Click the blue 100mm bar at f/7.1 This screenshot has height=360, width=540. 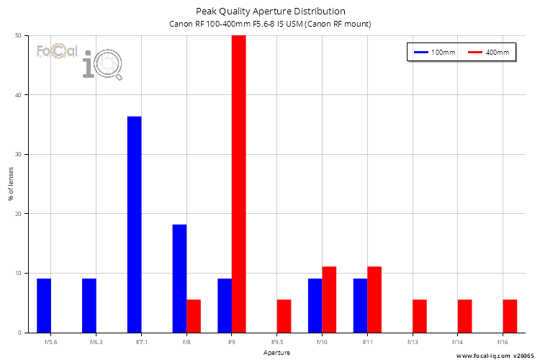(x=135, y=224)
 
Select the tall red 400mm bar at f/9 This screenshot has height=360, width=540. (x=239, y=184)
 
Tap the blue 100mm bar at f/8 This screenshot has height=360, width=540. (x=179, y=279)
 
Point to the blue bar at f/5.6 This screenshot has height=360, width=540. (x=44, y=305)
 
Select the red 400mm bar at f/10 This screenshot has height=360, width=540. (x=329, y=300)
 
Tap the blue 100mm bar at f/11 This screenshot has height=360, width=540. (x=360, y=305)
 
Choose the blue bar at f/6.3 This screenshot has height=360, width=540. (x=89, y=305)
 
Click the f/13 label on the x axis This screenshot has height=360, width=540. (x=413, y=343)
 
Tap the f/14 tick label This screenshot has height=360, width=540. (x=458, y=343)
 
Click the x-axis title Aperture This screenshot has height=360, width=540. (x=277, y=354)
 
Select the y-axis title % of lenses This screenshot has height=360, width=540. (x=11, y=184)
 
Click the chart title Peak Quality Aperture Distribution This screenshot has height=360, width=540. (x=271, y=11)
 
